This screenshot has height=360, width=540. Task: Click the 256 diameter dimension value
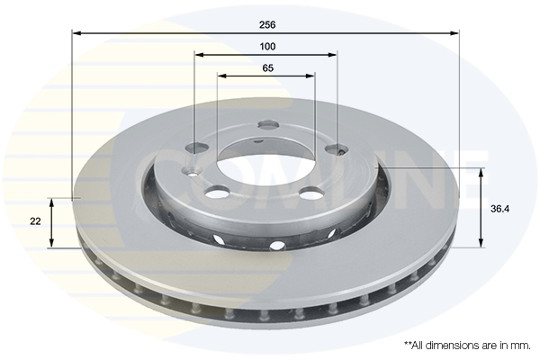(x=267, y=25)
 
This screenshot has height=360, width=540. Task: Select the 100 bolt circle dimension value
(x=267, y=46)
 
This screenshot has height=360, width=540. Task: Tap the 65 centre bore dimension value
(x=267, y=67)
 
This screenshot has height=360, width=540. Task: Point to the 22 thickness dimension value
(x=35, y=221)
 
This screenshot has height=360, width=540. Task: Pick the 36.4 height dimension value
(x=500, y=209)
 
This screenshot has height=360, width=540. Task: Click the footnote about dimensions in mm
(x=467, y=346)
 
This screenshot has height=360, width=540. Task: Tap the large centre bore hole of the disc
(x=266, y=166)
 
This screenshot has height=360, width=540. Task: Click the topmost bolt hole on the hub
(x=268, y=124)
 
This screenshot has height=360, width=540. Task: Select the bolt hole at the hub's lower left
(x=218, y=193)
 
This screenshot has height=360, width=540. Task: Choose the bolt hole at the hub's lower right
(x=311, y=193)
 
